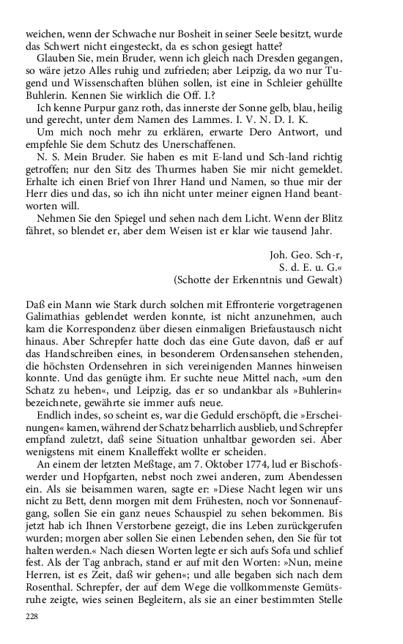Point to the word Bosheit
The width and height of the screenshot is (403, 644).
pos(166,34)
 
